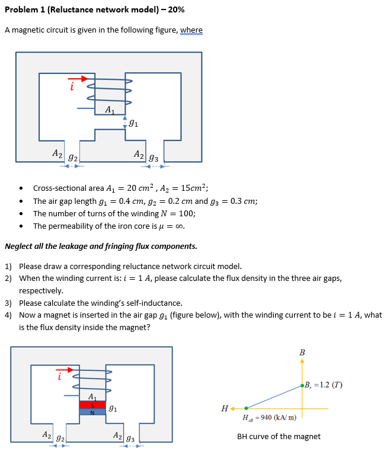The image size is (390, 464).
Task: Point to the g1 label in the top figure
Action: pos(134,123)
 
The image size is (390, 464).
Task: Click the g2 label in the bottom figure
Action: pos(60,437)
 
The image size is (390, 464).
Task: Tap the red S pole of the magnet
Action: pos(92,405)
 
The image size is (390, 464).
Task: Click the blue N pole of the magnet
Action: pos(92,412)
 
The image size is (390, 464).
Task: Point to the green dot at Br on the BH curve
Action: pos(303,385)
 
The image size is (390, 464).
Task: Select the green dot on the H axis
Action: pos(247,408)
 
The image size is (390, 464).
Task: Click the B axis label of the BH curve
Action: pos(302,353)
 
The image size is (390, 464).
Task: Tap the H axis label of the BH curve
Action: pos(224,408)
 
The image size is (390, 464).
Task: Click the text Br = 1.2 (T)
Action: pos(324,385)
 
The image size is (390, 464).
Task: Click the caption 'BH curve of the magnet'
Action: pos(279,437)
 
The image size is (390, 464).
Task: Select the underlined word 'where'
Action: pos(191,30)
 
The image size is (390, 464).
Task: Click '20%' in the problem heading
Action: pos(175,10)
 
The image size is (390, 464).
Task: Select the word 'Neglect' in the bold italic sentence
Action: pos(18,246)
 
